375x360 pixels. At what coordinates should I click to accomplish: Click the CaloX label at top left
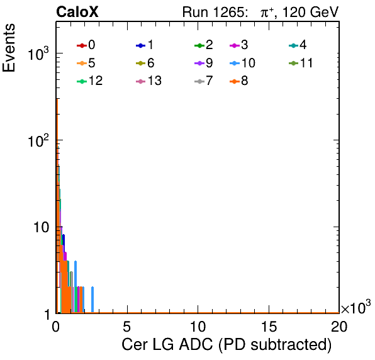77,12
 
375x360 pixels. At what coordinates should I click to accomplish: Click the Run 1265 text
215,12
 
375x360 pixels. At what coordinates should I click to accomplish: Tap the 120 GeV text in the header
311,12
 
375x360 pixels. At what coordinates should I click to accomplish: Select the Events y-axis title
9,48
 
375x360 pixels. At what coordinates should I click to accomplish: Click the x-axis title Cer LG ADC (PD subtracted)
227,345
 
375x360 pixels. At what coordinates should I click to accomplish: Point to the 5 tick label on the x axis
126,327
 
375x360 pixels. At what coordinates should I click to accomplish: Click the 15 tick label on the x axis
269,327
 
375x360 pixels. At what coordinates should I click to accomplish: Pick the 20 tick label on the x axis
339,327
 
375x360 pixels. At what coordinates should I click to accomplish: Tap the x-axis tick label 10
198,327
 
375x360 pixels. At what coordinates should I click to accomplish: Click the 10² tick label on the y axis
39,140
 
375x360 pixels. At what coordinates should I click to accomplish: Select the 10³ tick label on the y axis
39,54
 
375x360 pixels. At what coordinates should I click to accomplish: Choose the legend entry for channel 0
86,45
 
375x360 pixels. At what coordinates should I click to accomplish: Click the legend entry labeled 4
298,45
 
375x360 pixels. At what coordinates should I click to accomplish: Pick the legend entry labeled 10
242,63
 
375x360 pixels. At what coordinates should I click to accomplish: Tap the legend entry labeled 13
148,81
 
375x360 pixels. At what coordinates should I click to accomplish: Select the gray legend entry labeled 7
204,81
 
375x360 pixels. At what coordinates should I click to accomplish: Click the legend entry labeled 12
90,81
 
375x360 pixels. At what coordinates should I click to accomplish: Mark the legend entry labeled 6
145,63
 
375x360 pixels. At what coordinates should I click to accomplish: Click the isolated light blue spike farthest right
92,300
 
